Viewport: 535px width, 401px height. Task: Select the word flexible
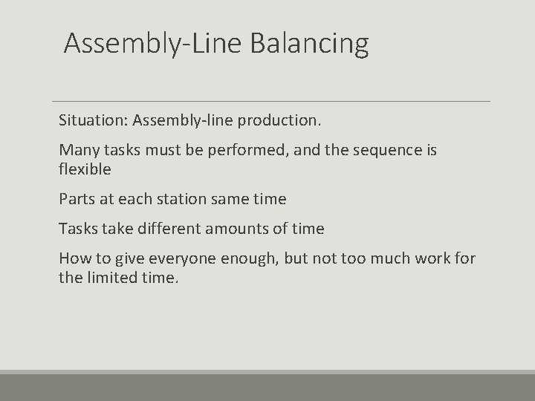[85, 169]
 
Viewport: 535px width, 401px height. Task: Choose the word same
[234, 199]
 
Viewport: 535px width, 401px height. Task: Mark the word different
[164, 229]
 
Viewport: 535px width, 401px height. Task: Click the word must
[155, 150]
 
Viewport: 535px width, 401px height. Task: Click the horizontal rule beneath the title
[271, 101]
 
